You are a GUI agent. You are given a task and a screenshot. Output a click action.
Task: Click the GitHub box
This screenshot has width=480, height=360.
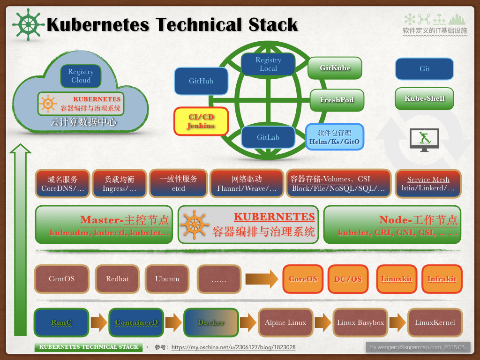[201, 81]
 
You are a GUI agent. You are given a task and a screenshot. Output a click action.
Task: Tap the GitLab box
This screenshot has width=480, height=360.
[268, 137]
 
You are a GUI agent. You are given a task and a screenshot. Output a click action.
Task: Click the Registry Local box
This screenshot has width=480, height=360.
[268, 65]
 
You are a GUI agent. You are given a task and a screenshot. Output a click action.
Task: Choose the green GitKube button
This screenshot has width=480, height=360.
[335, 68]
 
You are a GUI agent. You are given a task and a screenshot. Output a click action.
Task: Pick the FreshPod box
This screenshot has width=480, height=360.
[337, 100]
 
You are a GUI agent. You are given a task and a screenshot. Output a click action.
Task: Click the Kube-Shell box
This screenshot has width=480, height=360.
[424, 98]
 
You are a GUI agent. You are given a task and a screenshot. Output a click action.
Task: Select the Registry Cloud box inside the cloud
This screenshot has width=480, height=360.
[81, 76]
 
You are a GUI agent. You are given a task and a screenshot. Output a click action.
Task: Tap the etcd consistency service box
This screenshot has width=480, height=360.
[178, 184]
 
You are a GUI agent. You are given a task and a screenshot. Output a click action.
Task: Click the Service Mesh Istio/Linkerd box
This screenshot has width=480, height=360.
[428, 184]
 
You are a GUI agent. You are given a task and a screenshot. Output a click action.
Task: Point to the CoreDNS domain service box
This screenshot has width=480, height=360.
[62, 184]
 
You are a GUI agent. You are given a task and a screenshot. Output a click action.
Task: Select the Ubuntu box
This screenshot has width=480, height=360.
[167, 279]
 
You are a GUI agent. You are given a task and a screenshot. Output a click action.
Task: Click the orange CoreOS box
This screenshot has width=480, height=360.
[303, 279]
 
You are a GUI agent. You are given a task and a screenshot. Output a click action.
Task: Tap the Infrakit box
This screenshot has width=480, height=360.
[442, 279]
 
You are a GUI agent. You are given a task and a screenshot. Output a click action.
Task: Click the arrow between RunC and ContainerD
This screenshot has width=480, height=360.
[98, 322]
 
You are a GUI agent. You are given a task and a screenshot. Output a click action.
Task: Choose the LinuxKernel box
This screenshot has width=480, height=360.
[435, 322]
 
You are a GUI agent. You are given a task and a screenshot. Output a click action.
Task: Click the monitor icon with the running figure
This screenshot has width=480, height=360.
[424, 139]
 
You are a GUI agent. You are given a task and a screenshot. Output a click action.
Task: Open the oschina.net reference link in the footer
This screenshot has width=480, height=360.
[233, 348]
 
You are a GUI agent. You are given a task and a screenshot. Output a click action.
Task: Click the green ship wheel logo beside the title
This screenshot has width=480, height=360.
[29, 24]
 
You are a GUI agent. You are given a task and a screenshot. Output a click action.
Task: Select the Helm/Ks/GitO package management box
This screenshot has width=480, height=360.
[335, 137]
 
